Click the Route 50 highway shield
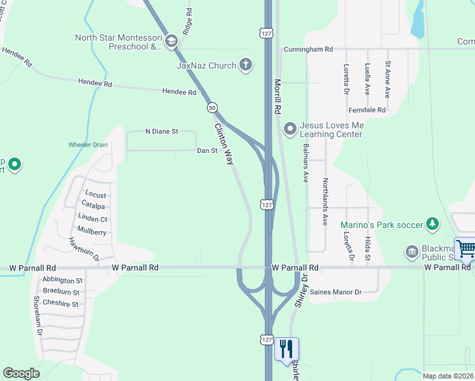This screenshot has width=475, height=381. [212, 107]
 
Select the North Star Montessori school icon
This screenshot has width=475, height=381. [170, 42]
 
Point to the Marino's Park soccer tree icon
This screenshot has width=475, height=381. [432, 224]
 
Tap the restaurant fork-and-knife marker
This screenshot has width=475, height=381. [286, 349]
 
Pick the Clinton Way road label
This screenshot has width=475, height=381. [224, 144]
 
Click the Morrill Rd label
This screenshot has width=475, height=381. [278, 96]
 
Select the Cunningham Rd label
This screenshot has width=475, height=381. [308, 49]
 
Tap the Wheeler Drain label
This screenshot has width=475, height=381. [88, 145]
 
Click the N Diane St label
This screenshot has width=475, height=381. [162, 131]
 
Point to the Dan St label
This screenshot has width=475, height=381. [207, 150]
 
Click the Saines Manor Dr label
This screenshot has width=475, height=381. [336, 292]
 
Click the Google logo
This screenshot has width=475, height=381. [21, 373]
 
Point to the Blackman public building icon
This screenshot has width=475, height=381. [411, 253]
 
